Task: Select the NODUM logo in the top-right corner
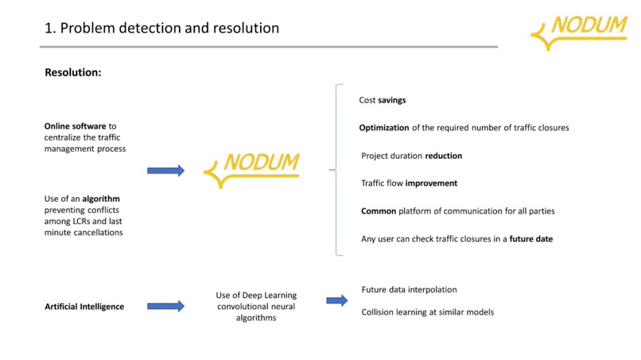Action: (x=579, y=31)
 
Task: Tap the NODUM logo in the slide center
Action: (x=252, y=168)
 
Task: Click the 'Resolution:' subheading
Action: (x=73, y=72)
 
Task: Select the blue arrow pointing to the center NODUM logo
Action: (x=165, y=170)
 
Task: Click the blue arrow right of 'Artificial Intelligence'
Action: (x=165, y=306)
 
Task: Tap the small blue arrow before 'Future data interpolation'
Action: (x=337, y=300)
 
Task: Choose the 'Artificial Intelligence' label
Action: (x=84, y=307)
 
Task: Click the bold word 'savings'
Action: (x=392, y=101)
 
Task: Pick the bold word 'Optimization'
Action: (x=384, y=128)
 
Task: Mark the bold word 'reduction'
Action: (x=443, y=156)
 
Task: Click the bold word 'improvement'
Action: (x=431, y=184)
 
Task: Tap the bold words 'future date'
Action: (x=531, y=239)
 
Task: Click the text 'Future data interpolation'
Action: (x=409, y=290)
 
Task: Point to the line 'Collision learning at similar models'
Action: (x=427, y=312)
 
